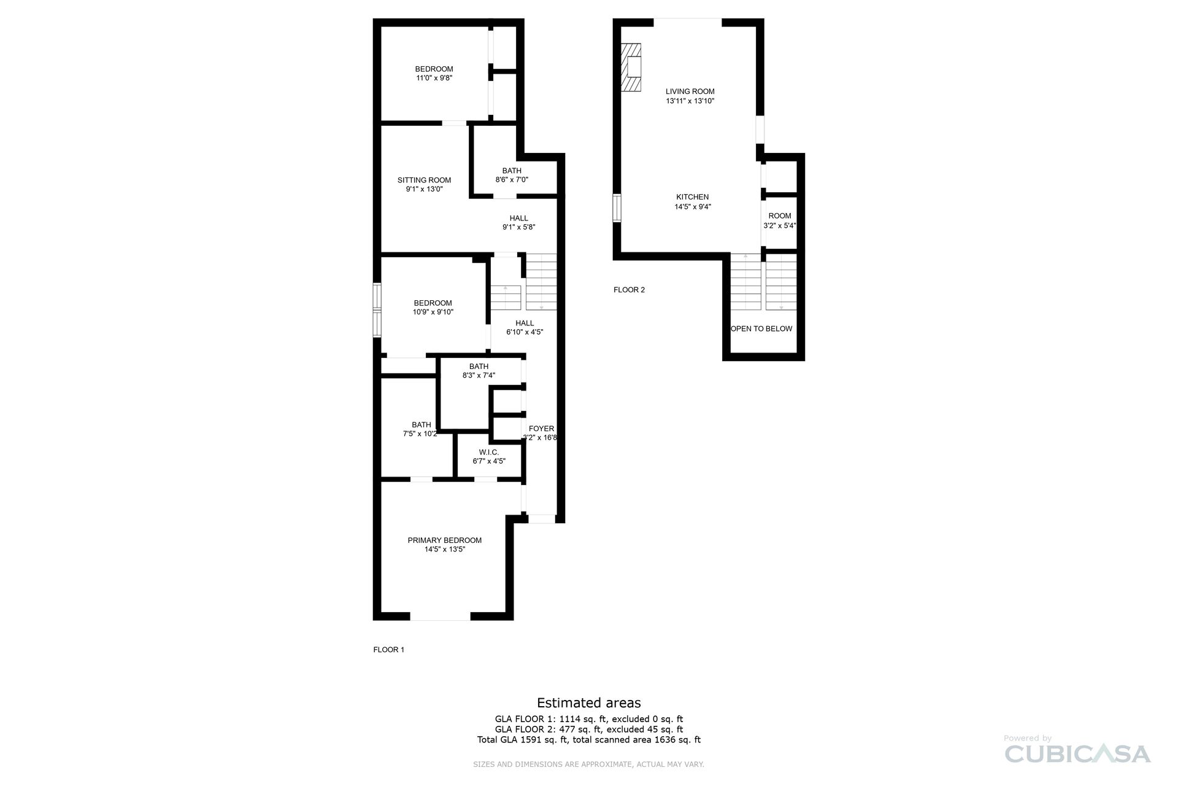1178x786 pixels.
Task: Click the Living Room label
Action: (x=690, y=91)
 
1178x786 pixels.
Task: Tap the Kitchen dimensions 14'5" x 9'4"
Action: (x=692, y=207)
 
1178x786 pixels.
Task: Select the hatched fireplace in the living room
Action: (x=631, y=68)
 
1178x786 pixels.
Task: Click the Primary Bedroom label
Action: (x=444, y=540)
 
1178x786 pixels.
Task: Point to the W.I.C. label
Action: (x=488, y=452)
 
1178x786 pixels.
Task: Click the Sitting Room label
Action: (x=424, y=180)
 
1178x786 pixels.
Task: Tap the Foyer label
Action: (x=541, y=429)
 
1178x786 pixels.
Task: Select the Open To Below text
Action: (x=761, y=329)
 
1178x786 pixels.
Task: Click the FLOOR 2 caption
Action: (x=629, y=290)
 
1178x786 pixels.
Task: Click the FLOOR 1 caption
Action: (x=388, y=650)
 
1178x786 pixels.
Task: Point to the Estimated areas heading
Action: (x=588, y=702)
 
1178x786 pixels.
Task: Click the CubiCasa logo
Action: (x=1077, y=753)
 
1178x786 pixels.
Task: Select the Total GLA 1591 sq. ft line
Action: (x=588, y=740)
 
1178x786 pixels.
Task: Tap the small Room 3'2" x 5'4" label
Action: (x=779, y=220)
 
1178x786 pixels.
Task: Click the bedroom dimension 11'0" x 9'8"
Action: (x=434, y=78)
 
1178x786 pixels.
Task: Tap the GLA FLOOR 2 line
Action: (x=588, y=730)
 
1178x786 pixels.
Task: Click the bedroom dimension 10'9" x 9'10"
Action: (x=433, y=312)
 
